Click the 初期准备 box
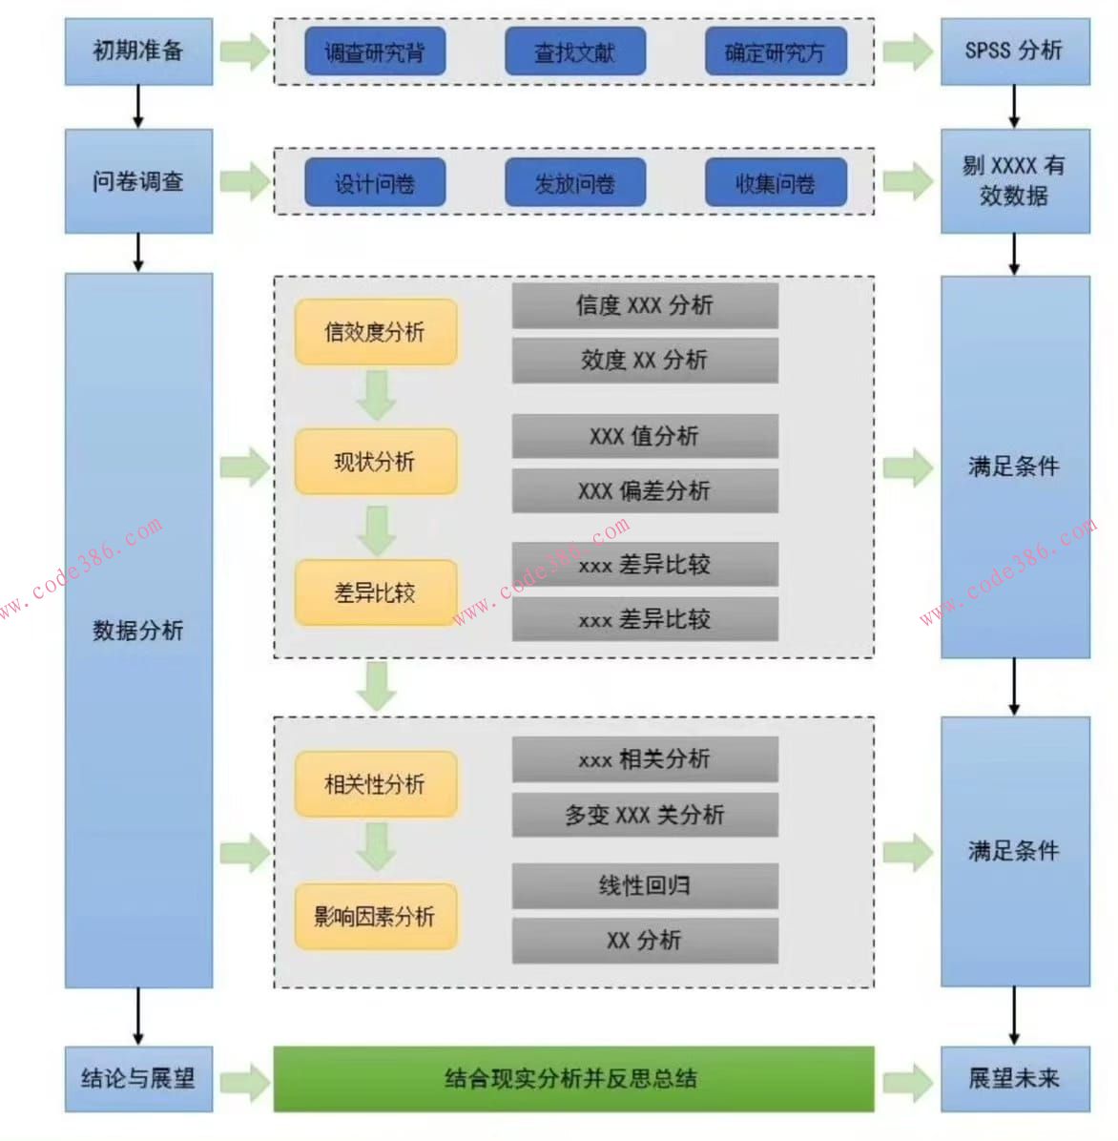[x=138, y=52]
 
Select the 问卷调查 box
[x=138, y=181]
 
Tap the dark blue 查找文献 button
[x=574, y=52]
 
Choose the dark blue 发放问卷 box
[x=574, y=182]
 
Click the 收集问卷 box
[x=775, y=182]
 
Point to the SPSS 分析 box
[x=1014, y=52]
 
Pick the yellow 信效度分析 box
[x=375, y=332]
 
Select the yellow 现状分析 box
[x=375, y=462]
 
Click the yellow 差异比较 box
[x=375, y=592]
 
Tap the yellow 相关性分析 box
[x=375, y=784]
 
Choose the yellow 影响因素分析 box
[x=375, y=916]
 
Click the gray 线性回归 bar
[x=645, y=885]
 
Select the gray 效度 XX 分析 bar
[x=645, y=360]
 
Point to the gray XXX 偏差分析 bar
[x=645, y=490]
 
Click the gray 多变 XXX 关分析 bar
[x=645, y=815]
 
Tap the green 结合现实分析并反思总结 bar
[x=572, y=1078]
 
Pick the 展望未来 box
[x=1014, y=1078]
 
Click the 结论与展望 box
[x=138, y=1078]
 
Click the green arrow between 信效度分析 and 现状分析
[x=377, y=395]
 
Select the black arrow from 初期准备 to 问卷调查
[x=138, y=106]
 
